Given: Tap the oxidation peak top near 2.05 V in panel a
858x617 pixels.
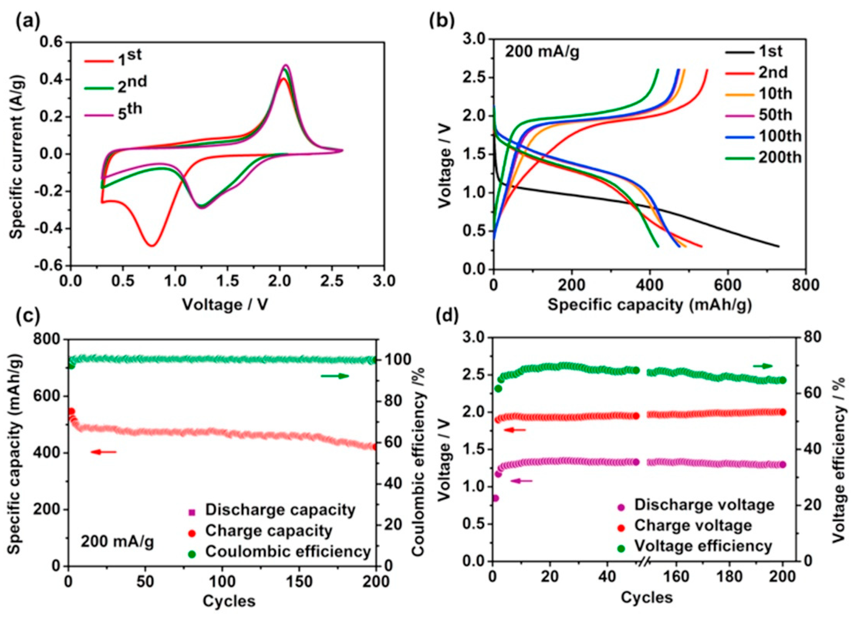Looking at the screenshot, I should pyautogui.click(x=285, y=65).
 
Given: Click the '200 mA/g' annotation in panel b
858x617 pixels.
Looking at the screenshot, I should pyautogui.click(x=542, y=53).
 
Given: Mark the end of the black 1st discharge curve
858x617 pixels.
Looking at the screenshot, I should pyautogui.click(x=779, y=247).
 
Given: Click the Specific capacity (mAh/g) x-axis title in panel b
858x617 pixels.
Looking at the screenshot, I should pyautogui.click(x=649, y=305).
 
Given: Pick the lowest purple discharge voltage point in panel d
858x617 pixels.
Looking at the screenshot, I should pyautogui.click(x=495, y=498).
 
